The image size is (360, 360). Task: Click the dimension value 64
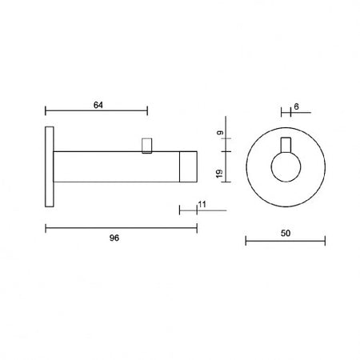pyautogui.click(x=98, y=106)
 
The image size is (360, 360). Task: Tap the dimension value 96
pyautogui.click(x=114, y=238)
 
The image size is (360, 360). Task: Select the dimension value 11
pyautogui.click(x=202, y=205)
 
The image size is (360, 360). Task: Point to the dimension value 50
pyautogui.click(x=286, y=234)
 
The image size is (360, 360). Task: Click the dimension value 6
pyautogui.click(x=296, y=106)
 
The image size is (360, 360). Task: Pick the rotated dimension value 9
pyautogui.click(x=220, y=132)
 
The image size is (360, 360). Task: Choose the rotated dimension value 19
pyautogui.click(x=219, y=174)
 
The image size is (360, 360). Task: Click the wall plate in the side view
pyautogui.click(x=50, y=166)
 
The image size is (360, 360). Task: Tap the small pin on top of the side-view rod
pyautogui.click(x=147, y=146)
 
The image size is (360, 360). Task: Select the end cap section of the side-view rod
pyautogui.click(x=188, y=166)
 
